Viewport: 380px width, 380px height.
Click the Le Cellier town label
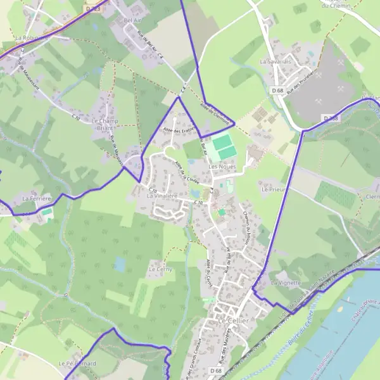click(x=234, y=321)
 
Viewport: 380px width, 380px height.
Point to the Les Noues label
click(x=222, y=167)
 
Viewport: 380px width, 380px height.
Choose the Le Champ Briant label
click(x=105, y=123)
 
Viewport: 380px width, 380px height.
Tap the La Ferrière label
click(x=35, y=199)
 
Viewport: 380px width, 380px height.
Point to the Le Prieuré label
click(x=274, y=189)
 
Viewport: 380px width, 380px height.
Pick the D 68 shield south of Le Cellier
click(x=216, y=370)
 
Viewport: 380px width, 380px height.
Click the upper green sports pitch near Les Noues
click(x=222, y=142)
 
